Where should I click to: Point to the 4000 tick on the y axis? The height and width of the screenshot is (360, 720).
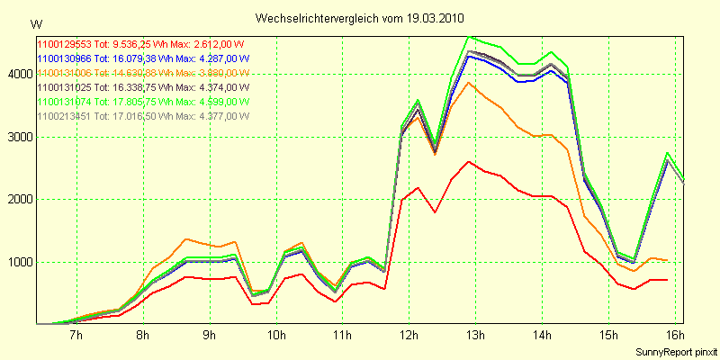click(x=18, y=75)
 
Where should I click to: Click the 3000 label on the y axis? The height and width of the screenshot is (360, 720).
click(x=18, y=138)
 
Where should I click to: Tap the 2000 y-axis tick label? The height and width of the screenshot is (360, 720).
click(x=18, y=200)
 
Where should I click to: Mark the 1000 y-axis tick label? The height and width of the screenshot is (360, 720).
click(x=18, y=263)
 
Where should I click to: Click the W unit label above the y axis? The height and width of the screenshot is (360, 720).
click(x=36, y=22)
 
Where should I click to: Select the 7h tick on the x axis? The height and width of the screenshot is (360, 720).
click(x=76, y=337)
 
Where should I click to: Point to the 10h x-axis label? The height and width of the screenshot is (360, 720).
click(x=275, y=337)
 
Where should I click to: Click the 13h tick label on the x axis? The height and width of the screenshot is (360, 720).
click(x=474, y=337)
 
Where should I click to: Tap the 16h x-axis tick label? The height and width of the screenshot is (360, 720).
click(x=674, y=337)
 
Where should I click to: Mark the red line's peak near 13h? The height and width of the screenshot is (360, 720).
click(x=468, y=162)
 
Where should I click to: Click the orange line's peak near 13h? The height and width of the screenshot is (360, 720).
click(x=468, y=83)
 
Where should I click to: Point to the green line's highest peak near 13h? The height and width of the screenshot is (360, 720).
click(x=470, y=37)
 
